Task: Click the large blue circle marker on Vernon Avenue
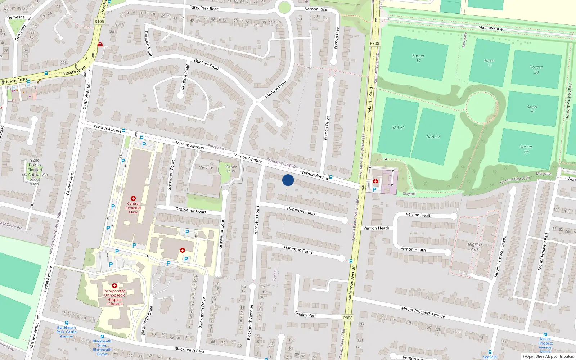(x=288, y=180)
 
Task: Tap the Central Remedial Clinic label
(x=133, y=208)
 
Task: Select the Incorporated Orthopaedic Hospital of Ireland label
(x=114, y=297)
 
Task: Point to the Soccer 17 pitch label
(x=418, y=58)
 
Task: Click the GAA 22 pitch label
(x=433, y=137)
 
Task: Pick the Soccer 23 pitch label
(x=526, y=149)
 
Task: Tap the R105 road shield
(x=99, y=22)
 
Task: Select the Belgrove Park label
(x=474, y=247)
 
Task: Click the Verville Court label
(x=231, y=168)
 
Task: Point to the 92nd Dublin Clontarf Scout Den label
(x=35, y=172)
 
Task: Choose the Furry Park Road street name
(x=204, y=8)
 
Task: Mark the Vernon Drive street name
(x=327, y=128)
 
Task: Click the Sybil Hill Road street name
(x=370, y=100)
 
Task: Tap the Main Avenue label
(x=490, y=28)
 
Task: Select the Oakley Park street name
(x=306, y=314)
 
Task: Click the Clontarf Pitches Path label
(x=569, y=101)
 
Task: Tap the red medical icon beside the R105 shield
(x=100, y=45)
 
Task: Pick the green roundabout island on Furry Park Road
(x=284, y=7)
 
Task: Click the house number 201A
(x=120, y=24)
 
